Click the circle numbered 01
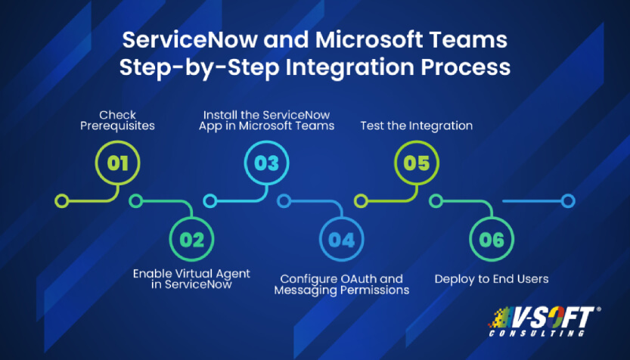[x=117, y=163]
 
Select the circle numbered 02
[x=192, y=240]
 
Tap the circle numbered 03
[x=266, y=163]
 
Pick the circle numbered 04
[x=341, y=240]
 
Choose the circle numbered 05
[x=417, y=163]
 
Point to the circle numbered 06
[x=492, y=240]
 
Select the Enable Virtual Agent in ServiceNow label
[x=191, y=279]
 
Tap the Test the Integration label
[x=416, y=126]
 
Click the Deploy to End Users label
[x=492, y=279]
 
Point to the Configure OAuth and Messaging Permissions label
[x=341, y=284]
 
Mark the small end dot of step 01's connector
[x=63, y=201]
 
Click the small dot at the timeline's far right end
[x=568, y=201]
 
